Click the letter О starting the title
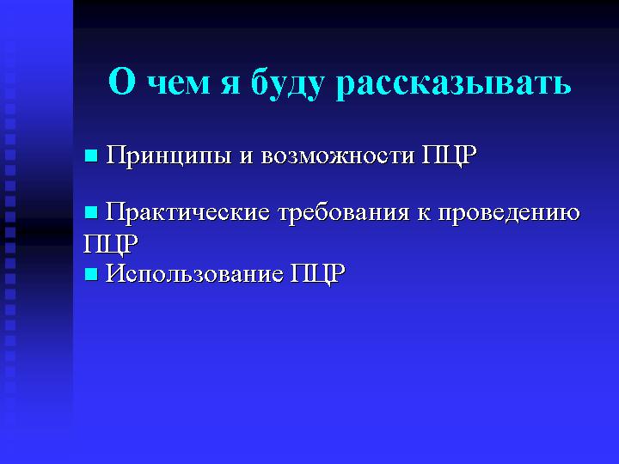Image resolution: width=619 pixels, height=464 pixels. pos(122,82)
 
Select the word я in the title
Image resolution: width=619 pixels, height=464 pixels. pos(230,85)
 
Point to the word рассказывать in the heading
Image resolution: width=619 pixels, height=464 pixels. pos(453,85)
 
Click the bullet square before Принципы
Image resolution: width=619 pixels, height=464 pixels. pos(91,156)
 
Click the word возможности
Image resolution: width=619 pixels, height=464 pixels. pos(338,156)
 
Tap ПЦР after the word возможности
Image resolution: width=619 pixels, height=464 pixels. pos(450,156)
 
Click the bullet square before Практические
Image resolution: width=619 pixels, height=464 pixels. pos(91,213)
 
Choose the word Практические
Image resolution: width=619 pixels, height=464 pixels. pos(187,213)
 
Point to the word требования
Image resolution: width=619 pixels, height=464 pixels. pos(344,213)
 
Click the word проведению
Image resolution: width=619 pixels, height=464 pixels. pos(509,213)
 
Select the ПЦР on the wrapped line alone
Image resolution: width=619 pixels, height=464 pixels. pos(111,244)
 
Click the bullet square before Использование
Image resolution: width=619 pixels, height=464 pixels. pos(91,274)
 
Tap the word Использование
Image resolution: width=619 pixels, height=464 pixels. pos(194,273)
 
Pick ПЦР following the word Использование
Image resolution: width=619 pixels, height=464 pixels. pos(318,273)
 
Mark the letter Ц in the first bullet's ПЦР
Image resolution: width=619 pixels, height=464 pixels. pos(451,157)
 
